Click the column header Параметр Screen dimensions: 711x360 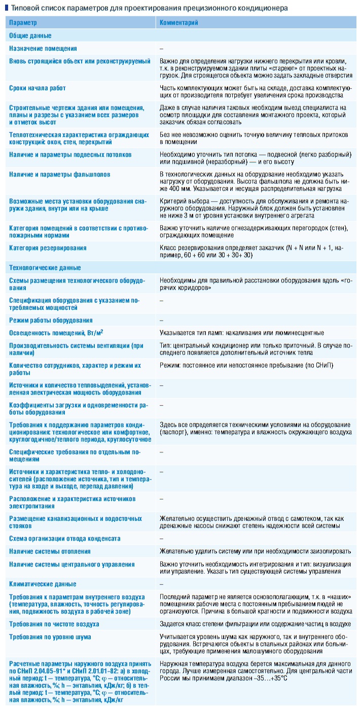[23, 23]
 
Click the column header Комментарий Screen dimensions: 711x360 [178, 23]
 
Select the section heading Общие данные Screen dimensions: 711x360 [30, 36]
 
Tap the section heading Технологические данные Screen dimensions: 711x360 [45, 268]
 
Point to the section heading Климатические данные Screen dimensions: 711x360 [43, 584]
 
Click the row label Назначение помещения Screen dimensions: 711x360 [43, 49]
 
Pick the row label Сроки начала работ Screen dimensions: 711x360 [38, 88]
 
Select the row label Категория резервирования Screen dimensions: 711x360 [48, 248]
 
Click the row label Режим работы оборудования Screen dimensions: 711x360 [51, 320]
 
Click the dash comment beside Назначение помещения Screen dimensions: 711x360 [161, 49]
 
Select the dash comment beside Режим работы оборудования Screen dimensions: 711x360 [161, 320]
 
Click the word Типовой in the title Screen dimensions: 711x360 [22, 8]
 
